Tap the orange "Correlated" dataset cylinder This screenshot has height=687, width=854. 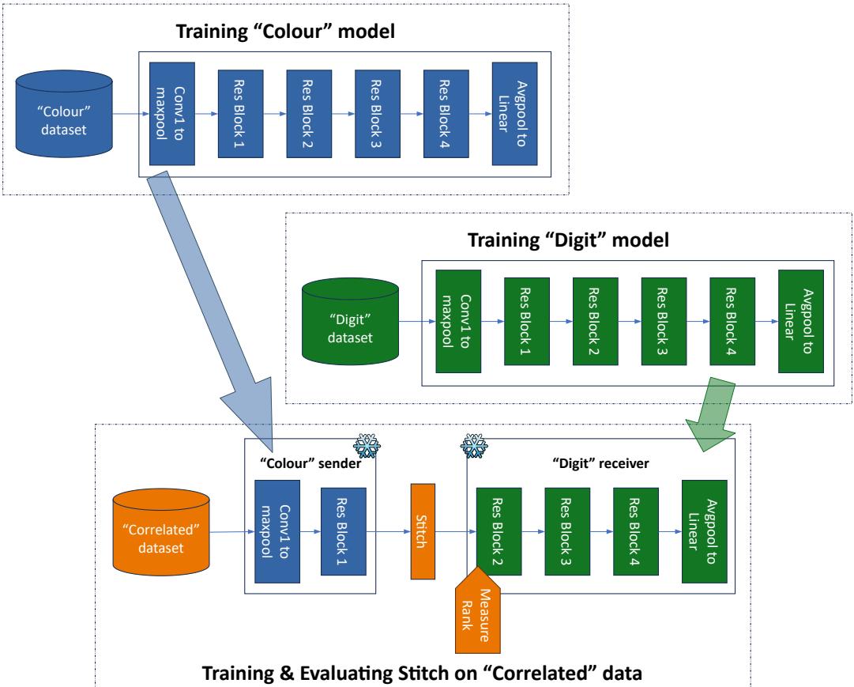pyautogui.click(x=163, y=532)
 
